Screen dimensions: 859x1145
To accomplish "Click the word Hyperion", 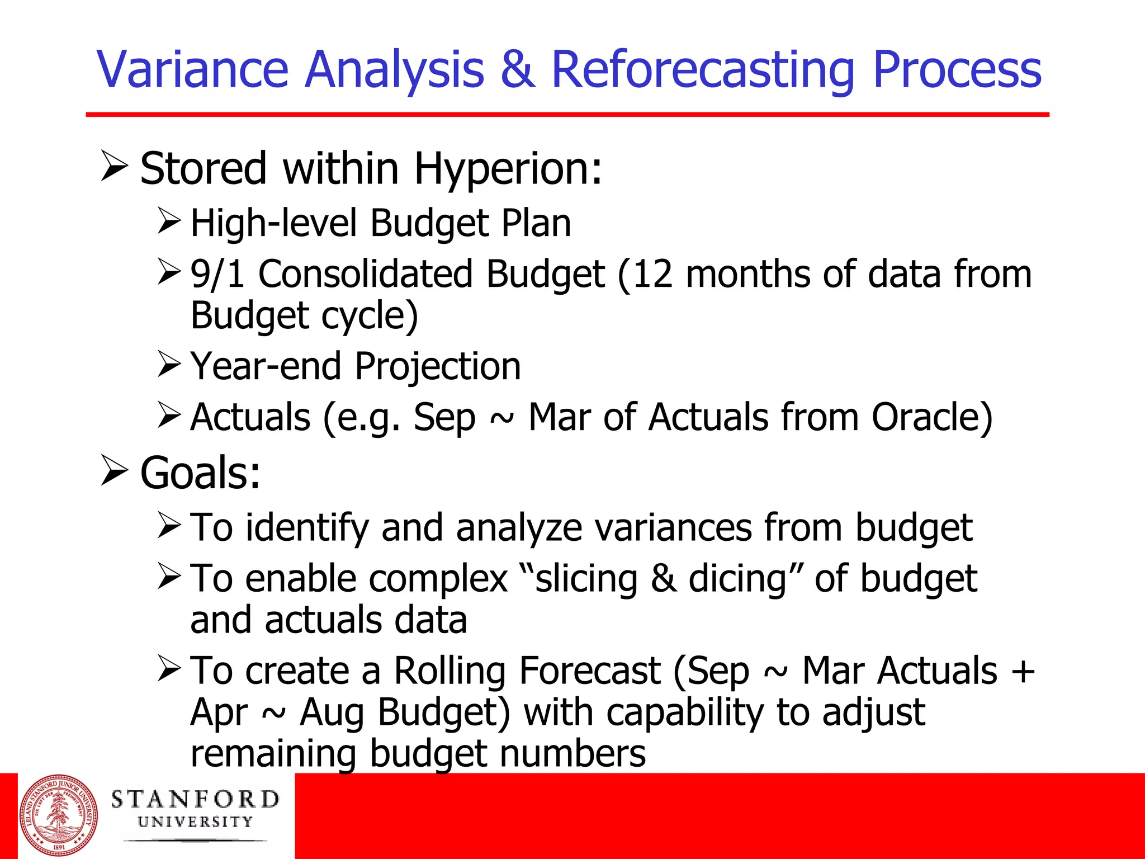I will pyautogui.click(x=508, y=169).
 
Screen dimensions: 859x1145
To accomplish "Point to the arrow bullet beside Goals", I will pyautogui.click(x=115, y=470).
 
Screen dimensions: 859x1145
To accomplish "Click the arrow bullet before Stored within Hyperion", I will pyautogui.click(x=115, y=166).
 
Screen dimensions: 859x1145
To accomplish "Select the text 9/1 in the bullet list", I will pyautogui.click(x=217, y=274).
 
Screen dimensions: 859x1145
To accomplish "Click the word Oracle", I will pyautogui.click(x=932, y=417).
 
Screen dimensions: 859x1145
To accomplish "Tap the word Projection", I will pyautogui.click(x=438, y=366).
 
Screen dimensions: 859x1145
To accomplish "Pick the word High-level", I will pyautogui.click(x=273, y=223).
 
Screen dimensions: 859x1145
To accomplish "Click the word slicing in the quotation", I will pyautogui.click(x=586, y=578).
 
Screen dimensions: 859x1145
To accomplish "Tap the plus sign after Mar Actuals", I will pyautogui.click(x=1023, y=671).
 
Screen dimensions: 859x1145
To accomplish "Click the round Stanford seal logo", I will pyautogui.click(x=59, y=815).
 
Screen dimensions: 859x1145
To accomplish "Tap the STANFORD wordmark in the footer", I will pyautogui.click(x=195, y=800).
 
